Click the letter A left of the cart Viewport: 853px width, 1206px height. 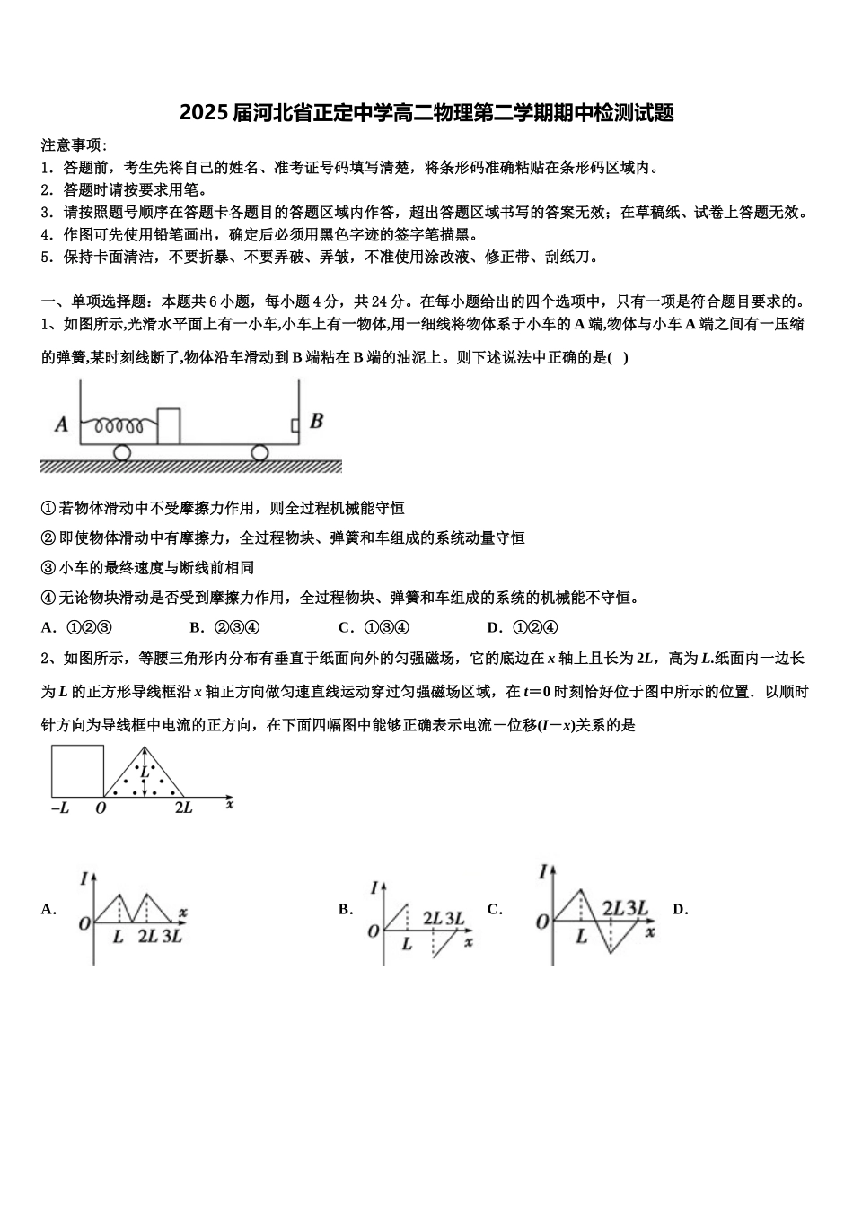tap(62, 424)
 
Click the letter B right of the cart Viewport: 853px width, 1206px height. tap(316, 421)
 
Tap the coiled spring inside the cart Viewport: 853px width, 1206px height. tap(119, 424)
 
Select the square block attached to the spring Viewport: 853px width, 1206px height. tap(169, 425)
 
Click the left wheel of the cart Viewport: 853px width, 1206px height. tap(122, 452)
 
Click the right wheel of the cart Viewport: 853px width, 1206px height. tap(259, 452)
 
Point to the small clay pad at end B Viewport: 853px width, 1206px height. tap(295, 424)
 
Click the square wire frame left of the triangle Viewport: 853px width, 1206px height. tap(77, 771)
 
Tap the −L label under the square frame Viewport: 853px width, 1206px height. tap(59, 808)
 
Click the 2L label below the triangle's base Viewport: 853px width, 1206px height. tap(183, 808)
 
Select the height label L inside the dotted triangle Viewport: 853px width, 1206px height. tap(144, 771)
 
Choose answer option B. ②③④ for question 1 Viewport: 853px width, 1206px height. tap(225, 627)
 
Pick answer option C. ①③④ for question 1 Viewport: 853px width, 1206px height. tap(374, 627)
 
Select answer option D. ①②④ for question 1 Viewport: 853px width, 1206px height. tap(523, 627)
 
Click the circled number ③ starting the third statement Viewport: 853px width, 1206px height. tap(49, 568)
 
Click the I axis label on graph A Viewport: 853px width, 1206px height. tap(83, 878)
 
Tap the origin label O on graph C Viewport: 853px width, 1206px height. tap(541, 922)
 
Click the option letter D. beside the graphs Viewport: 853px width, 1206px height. tap(680, 909)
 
